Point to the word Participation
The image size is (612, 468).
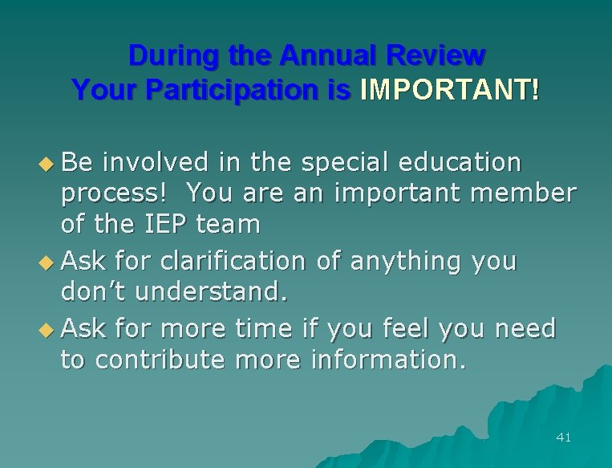232,90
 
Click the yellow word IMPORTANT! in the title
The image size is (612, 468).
449,90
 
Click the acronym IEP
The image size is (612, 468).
167,225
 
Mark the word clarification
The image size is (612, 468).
233,261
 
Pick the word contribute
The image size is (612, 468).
160,360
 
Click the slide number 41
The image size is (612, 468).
563,437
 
